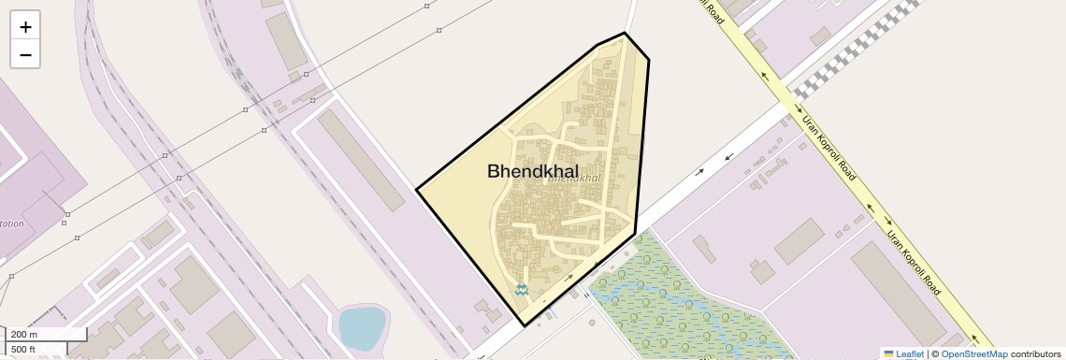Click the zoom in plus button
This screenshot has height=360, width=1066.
[x=25, y=26]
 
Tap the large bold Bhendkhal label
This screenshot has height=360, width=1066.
[x=532, y=171]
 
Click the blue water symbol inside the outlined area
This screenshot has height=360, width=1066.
[x=522, y=291]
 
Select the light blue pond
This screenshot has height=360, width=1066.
[x=361, y=326]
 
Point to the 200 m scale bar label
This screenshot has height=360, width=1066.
[x=25, y=335]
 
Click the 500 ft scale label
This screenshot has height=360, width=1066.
[x=24, y=350]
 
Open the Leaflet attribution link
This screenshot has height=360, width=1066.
[x=909, y=353]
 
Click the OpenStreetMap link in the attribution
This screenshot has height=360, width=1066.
[x=973, y=353]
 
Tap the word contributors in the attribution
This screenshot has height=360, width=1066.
[x=1035, y=353]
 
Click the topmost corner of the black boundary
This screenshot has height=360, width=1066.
[x=625, y=33]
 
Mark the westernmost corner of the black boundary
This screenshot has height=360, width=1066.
[x=416, y=190]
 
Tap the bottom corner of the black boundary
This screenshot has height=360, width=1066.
[x=525, y=325]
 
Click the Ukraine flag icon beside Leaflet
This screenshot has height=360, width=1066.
[x=889, y=353]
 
